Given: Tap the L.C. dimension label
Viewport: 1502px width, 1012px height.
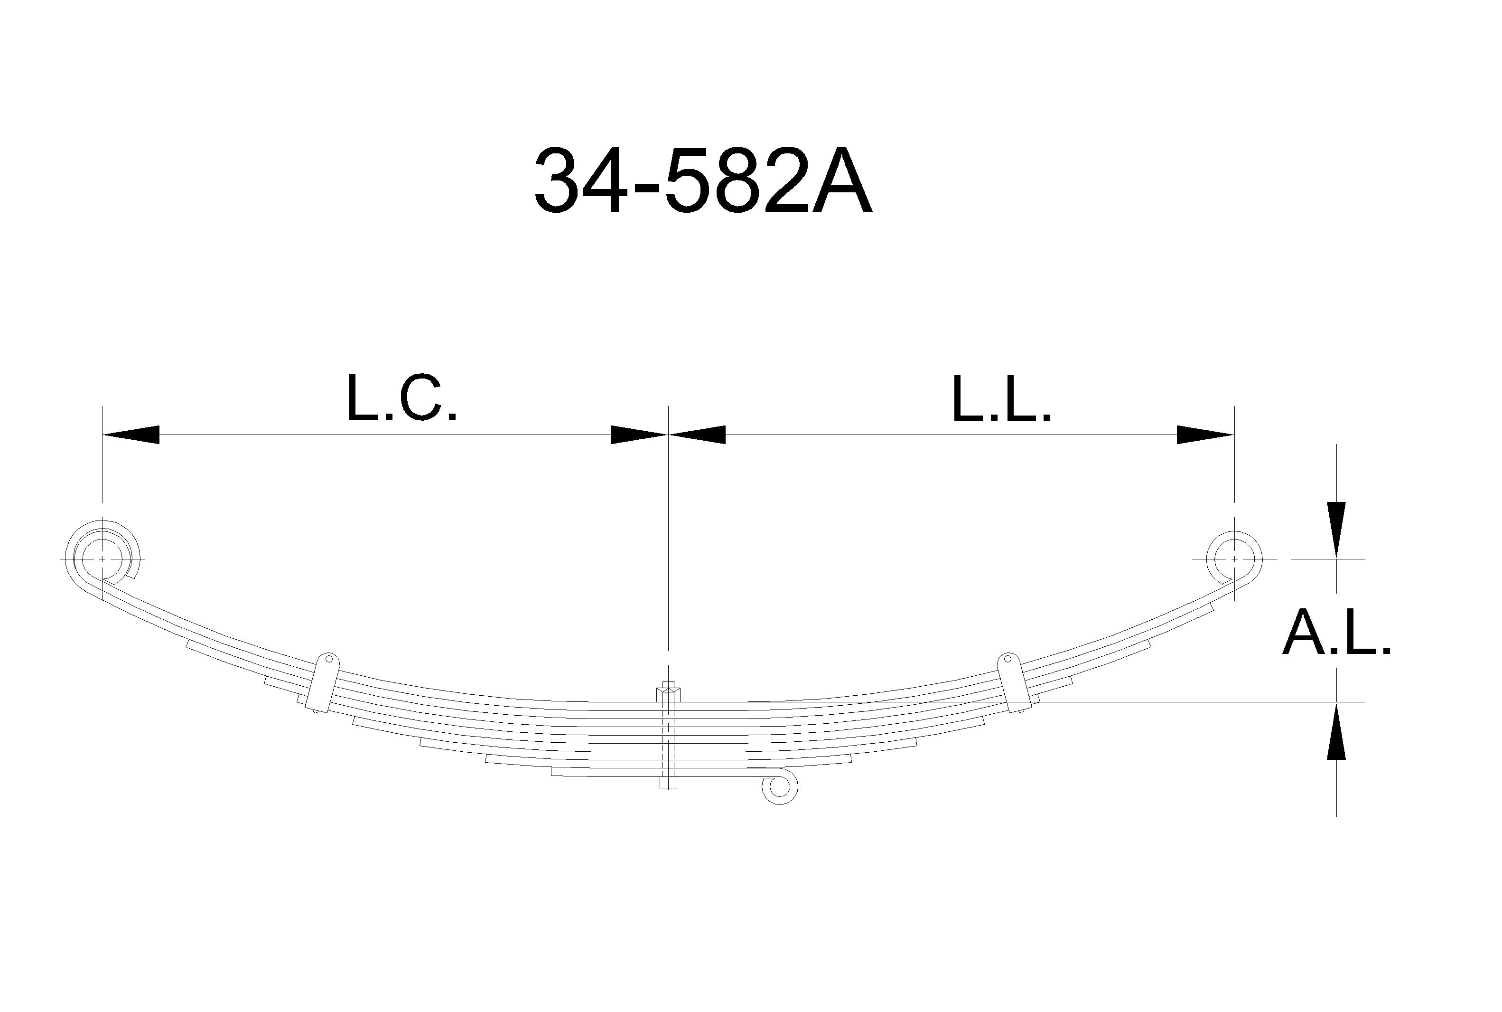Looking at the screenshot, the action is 402,397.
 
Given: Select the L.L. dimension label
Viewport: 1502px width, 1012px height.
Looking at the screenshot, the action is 1001,397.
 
